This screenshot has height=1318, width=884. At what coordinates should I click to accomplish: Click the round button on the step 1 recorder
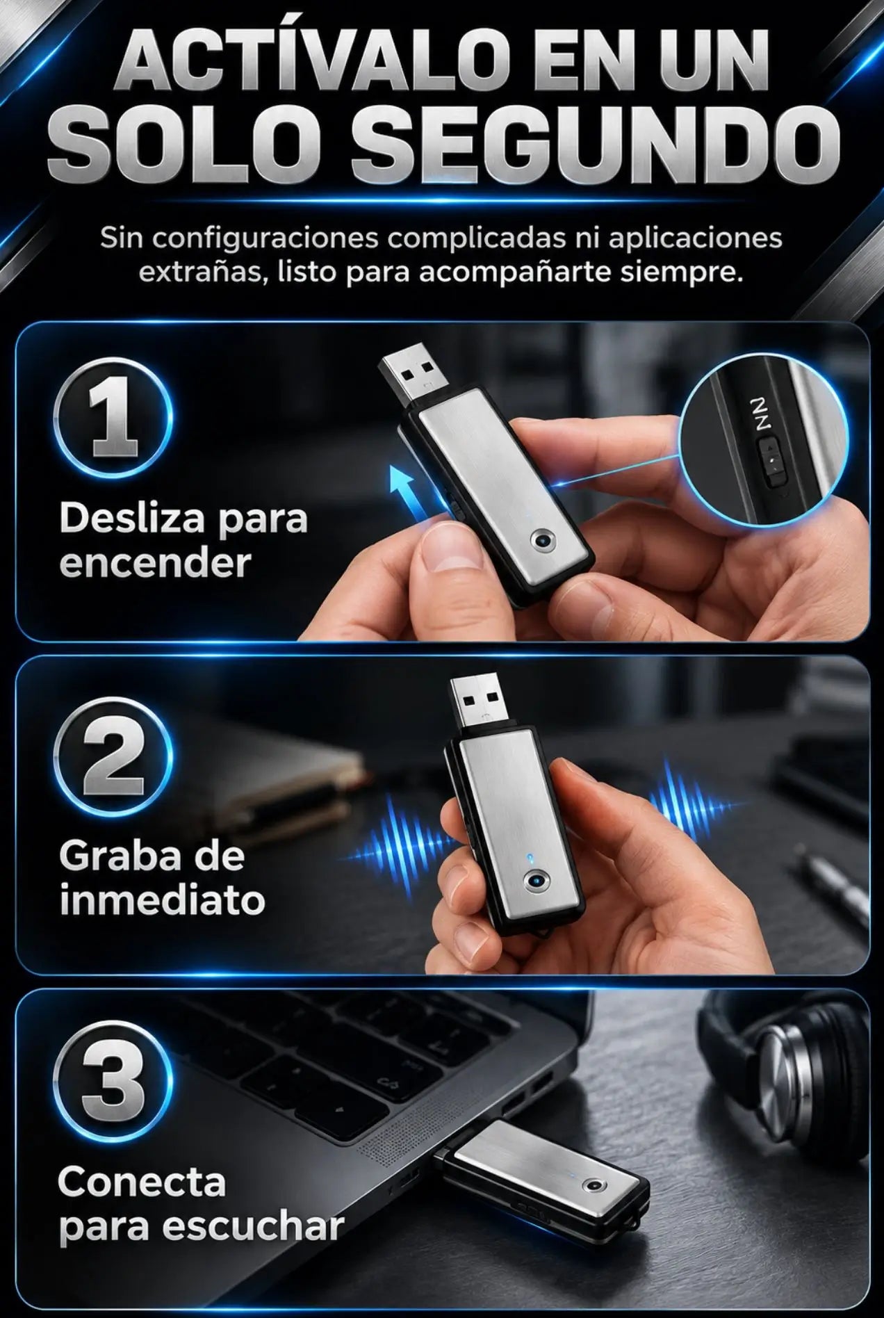pos(541,540)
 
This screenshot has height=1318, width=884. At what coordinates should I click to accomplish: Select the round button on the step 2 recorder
pos(536,882)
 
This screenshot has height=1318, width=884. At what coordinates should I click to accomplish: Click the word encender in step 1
pos(154,562)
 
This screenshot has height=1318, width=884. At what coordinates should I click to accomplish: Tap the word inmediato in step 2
pos(162,900)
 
